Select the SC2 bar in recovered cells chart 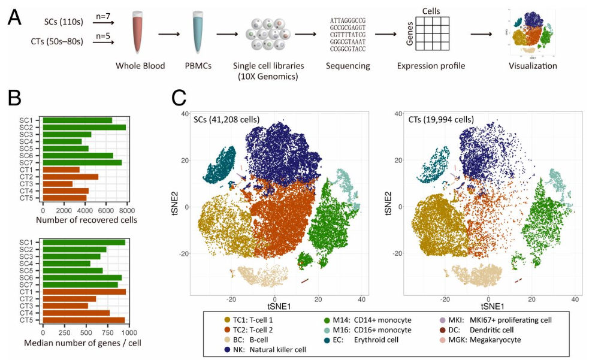pyautogui.click(x=84, y=127)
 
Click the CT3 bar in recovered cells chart pyautogui.click(x=58, y=183)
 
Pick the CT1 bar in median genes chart pyautogui.click(x=84, y=292)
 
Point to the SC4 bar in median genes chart pyautogui.click(x=67, y=263)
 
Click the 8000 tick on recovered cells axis pyautogui.click(x=126, y=210)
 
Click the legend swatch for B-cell pyautogui.click(x=228, y=339)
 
